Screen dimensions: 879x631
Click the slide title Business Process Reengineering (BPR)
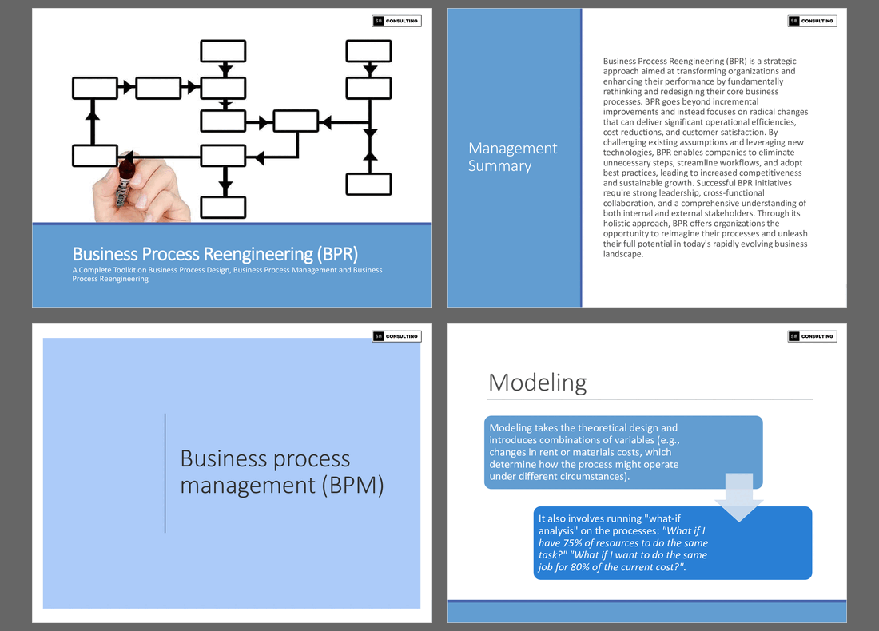pyautogui.click(x=215, y=254)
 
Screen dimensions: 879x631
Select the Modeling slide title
pyautogui.click(x=537, y=383)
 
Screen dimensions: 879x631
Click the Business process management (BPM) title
pyautogui.click(x=281, y=471)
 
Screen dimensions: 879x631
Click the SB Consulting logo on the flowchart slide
pyautogui.click(x=396, y=21)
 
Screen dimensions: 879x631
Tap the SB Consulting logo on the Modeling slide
pyautogui.click(x=812, y=336)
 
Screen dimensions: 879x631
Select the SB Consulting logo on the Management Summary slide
pyautogui.click(x=812, y=21)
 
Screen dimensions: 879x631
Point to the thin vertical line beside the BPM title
pyautogui.click(x=165, y=473)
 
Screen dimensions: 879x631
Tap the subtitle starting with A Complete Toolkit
pyautogui.click(x=227, y=274)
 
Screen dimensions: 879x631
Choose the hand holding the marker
pyautogui.click(x=140, y=192)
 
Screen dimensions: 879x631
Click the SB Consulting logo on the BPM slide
pyautogui.click(x=396, y=336)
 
